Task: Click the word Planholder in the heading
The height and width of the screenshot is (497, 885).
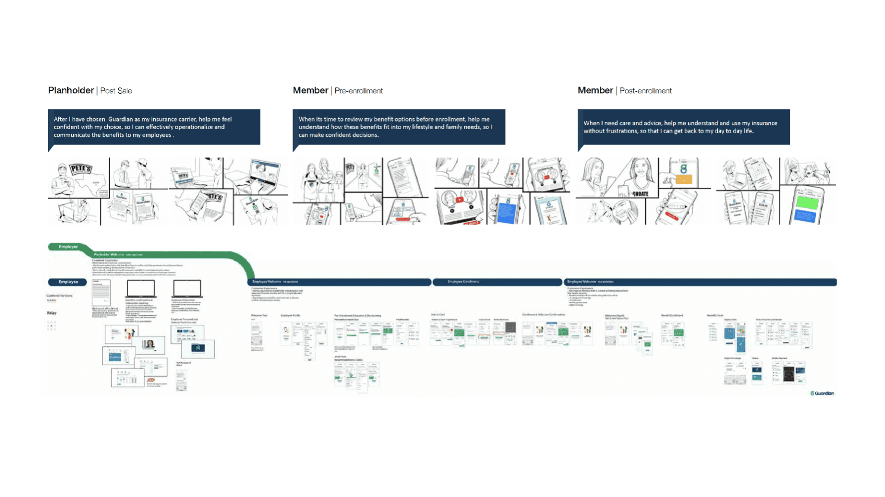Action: [x=71, y=90]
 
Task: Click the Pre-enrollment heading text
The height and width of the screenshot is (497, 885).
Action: [x=358, y=91]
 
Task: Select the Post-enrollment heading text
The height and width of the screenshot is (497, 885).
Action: [x=645, y=91]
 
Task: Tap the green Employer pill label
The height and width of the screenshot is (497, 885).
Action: [x=68, y=247]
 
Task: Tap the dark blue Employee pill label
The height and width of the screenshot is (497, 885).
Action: [x=68, y=282]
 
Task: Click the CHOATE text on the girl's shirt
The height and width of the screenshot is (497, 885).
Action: [x=640, y=194]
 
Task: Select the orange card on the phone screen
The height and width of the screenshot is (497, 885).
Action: [x=684, y=179]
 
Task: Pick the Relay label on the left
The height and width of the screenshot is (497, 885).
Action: [x=52, y=313]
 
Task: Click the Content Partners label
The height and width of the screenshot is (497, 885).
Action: [x=59, y=295]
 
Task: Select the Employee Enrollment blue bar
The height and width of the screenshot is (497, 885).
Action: [x=497, y=282]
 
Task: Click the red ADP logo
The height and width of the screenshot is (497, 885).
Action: [x=151, y=380]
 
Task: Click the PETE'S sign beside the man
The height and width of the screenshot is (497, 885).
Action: [x=81, y=169]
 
